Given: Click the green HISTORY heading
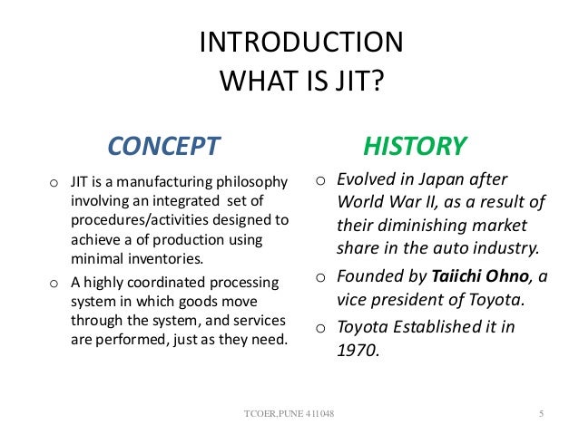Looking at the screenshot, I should tap(415, 145).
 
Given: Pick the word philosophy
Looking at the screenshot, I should tap(254, 181).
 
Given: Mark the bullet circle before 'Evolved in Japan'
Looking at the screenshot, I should tap(320, 179).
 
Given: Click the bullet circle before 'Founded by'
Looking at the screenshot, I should tap(320, 278).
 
